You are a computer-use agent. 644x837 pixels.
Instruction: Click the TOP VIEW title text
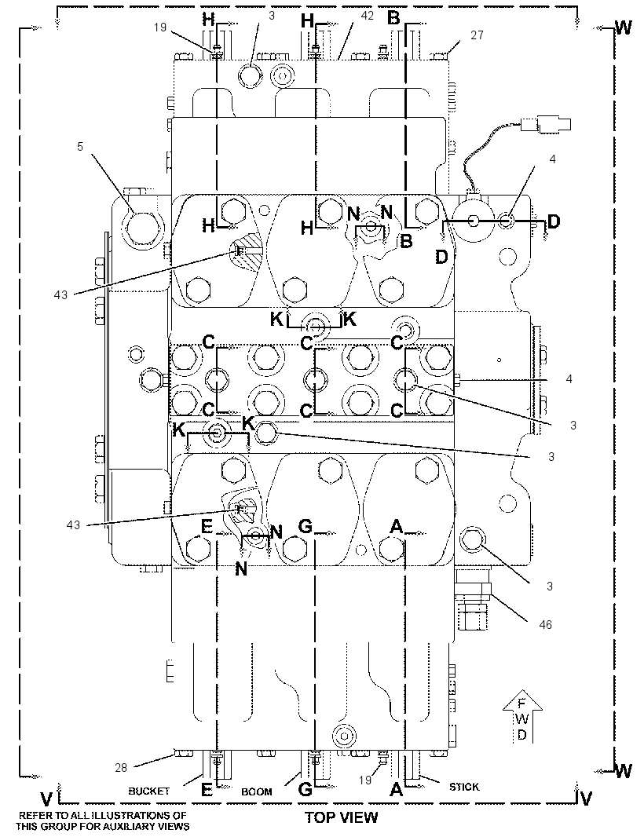[341, 817]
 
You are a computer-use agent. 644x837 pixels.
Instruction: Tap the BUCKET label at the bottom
[149, 791]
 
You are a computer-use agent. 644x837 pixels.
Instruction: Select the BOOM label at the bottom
[257, 791]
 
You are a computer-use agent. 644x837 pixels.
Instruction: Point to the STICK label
[464, 787]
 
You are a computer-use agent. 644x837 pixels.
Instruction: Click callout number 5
[80, 146]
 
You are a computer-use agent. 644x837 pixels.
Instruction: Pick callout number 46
[545, 624]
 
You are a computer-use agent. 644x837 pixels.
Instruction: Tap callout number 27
[477, 35]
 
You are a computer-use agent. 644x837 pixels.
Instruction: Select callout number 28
[121, 767]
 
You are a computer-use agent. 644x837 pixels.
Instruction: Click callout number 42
[368, 16]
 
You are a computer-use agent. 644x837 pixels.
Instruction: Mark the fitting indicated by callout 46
[474, 599]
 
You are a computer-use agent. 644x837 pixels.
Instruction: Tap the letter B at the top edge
[393, 19]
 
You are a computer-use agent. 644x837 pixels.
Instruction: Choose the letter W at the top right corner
[623, 27]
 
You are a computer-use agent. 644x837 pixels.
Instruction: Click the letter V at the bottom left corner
[47, 799]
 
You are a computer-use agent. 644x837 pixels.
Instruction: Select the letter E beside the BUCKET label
[207, 789]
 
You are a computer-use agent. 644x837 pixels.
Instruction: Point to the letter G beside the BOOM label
[305, 789]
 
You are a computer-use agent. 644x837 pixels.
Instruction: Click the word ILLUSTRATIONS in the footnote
[123, 816]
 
